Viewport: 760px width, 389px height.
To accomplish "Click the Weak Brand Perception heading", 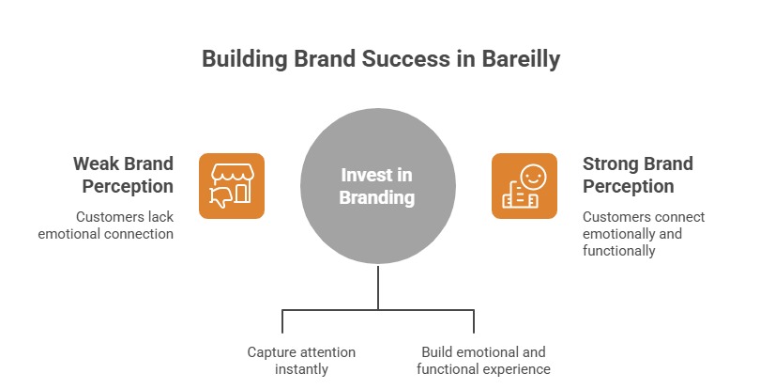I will pos(124,175).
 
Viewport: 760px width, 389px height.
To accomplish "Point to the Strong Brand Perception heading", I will pos(638,175).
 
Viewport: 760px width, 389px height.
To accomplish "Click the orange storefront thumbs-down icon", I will pos(232,186).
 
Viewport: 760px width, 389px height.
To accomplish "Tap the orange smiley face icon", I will pos(524,186).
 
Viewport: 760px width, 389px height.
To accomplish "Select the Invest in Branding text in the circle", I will pos(377,186).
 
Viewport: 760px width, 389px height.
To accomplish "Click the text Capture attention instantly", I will pos(301,360).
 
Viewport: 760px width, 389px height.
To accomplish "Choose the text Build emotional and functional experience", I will pos(483,360).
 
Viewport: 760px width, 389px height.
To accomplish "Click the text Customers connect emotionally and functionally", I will pos(644,234).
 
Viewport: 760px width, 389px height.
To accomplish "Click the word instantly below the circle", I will pos(301,369).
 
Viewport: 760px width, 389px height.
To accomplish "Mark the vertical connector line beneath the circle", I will pos(378,286).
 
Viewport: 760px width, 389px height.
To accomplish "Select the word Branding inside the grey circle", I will pos(377,197).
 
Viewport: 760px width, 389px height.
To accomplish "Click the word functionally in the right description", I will pos(619,251).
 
